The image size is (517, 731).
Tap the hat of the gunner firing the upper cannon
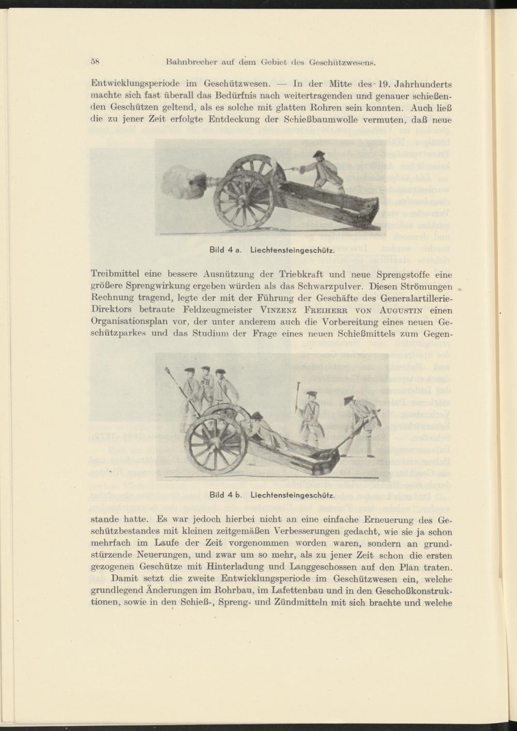click(318, 153)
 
